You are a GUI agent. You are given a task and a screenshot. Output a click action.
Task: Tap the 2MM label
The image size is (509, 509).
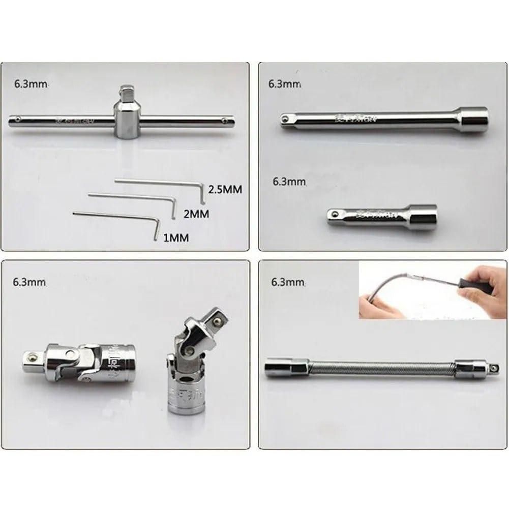click(196, 214)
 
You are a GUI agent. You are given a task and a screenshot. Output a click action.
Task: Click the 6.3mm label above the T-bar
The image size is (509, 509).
click(31, 84)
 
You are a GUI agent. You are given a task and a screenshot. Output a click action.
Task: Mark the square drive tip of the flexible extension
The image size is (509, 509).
click(493, 367)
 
